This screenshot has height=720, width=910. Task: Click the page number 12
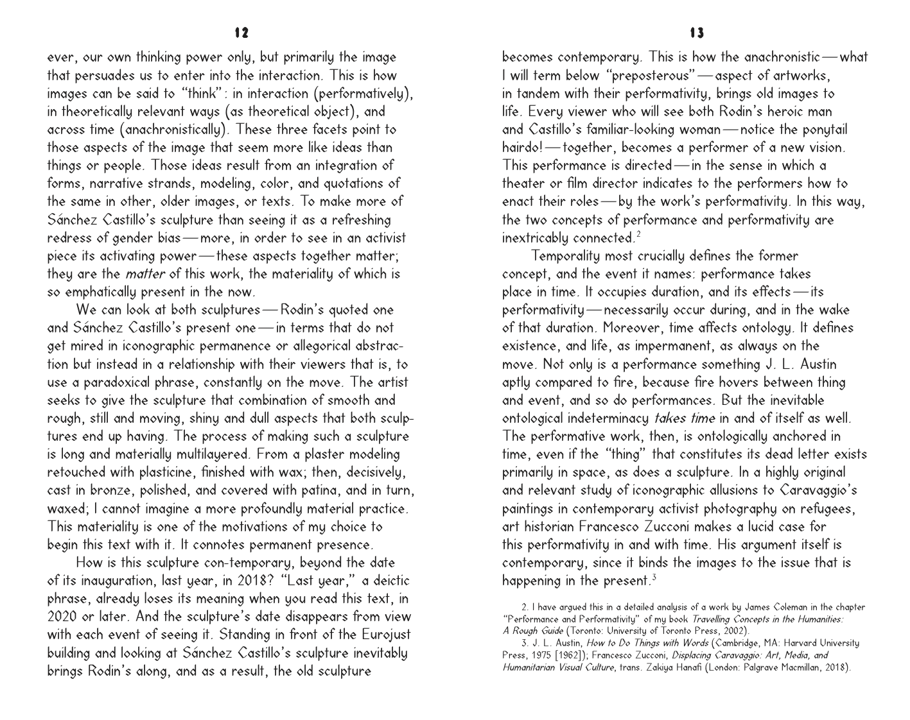click(241, 32)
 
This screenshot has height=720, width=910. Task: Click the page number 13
click(696, 32)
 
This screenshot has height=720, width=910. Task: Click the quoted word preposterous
click(651, 76)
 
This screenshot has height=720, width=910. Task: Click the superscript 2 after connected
click(638, 235)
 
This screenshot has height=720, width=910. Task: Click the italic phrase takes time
click(684, 418)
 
